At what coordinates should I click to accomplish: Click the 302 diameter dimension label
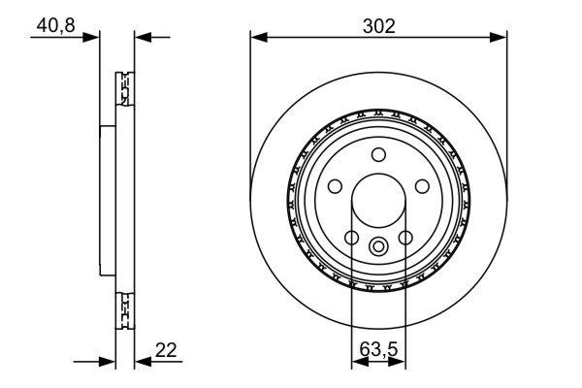click(x=378, y=26)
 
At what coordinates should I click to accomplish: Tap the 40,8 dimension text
click(x=57, y=26)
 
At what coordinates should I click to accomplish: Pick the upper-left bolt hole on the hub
click(x=335, y=186)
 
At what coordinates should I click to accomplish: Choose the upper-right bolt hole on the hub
click(x=423, y=186)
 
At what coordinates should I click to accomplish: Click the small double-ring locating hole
click(x=379, y=245)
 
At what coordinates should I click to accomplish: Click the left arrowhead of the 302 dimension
click(x=257, y=38)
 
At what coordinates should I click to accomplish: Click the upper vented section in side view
click(x=123, y=92)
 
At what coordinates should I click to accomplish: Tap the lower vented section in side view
click(x=123, y=311)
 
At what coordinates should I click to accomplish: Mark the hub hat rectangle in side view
click(x=107, y=202)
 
